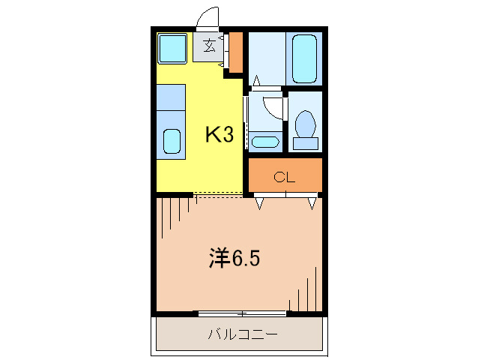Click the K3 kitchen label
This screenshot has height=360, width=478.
220,135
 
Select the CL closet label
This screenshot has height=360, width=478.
285,177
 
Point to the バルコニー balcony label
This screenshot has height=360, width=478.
242,334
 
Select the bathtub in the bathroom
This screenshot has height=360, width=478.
305,58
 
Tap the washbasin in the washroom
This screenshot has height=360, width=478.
264,141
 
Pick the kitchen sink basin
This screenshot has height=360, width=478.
172,141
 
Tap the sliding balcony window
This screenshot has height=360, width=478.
242,312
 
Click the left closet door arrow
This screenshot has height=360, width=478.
260,202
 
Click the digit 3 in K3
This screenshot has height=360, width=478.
229,135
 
